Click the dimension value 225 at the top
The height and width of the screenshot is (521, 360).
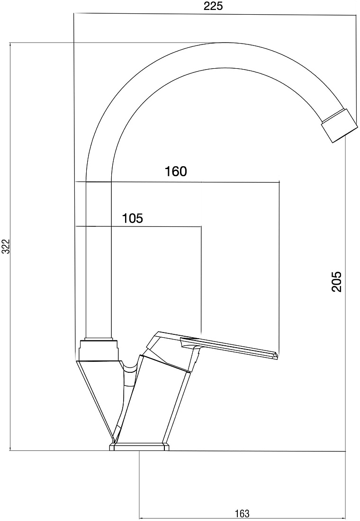pyautogui.click(x=213, y=6)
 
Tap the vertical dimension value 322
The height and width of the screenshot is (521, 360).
pyautogui.click(x=6, y=246)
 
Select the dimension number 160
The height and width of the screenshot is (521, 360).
pyautogui.click(x=176, y=171)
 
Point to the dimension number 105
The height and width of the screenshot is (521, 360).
pyautogui.click(x=132, y=218)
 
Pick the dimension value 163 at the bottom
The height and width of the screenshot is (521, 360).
pyautogui.click(x=242, y=513)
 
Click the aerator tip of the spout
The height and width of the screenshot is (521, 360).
pyautogui.click(x=339, y=125)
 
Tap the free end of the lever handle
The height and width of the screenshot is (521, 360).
pyautogui.click(x=275, y=355)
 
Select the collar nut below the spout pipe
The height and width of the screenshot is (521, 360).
pyautogui.click(x=99, y=350)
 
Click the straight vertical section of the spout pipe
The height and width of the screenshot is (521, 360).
pyautogui.click(x=99, y=259)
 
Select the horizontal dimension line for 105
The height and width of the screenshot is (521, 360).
pyautogui.click(x=138, y=226)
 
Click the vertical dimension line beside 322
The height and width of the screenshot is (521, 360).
pyautogui.click(x=11, y=247)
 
